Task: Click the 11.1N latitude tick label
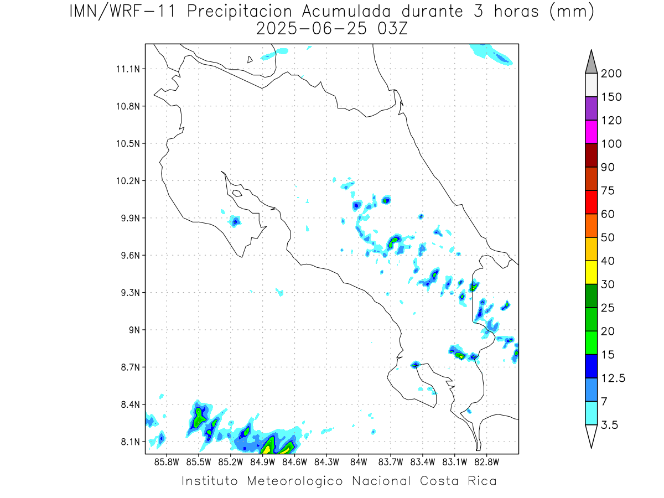pyautogui.click(x=128, y=69)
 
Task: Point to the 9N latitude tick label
pyautogui.click(x=134, y=330)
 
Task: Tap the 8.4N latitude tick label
pyautogui.click(x=131, y=404)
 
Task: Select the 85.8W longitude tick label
pyautogui.click(x=167, y=463)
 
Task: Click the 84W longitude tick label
pyautogui.click(x=359, y=463)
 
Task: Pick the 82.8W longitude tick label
pyautogui.click(x=486, y=463)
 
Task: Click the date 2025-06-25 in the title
pyautogui.click(x=312, y=29)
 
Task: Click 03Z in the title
pyautogui.click(x=392, y=29)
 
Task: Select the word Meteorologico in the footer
pyautogui.click(x=294, y=481)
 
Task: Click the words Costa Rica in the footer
pyautogui.click(x=458, y=481)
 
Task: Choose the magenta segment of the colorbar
pyautogui.click(x=591, y=132)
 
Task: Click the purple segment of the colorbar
pyautogui.click(x=591, y=108)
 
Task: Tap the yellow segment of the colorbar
pyautogui.click(x=591, y=272)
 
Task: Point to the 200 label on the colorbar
pyautogui.click(x=611, y=74)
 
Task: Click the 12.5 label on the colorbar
pyautogui.click(x=613, y=378)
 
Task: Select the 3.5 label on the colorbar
pyautogui.click(x=609, y=425)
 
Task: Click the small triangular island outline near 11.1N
pyautogui.click(x=250, y=60)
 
